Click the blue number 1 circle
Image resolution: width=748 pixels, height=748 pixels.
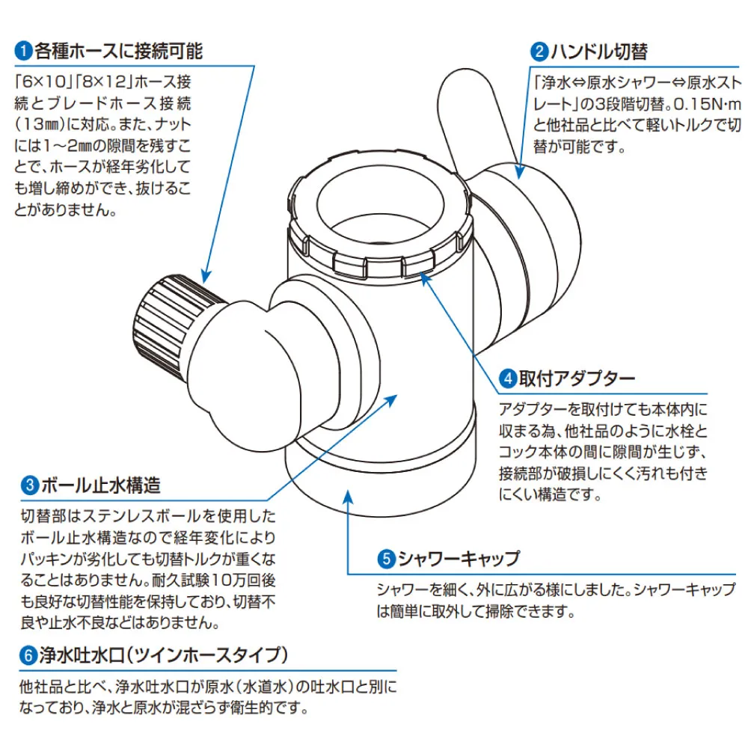pyautogui.click(x=23, y=52)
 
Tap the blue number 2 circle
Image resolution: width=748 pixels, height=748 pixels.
pyautogui.click(x=539, y=52)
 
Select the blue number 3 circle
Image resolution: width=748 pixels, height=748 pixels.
pyautogui.click(x=28, y=486)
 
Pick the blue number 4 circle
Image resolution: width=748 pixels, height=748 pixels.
pyautogui.click(x=508, y=378)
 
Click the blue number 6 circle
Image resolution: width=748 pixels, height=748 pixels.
pyautogui.click(x=28, y=655)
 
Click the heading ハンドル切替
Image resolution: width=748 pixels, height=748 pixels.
pyautogui.click(x=598, y=52)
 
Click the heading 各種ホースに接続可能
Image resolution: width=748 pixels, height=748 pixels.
pyautogui.click(x=118, y=52)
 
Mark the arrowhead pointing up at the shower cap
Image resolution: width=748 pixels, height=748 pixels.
pyautogui.click(x=348, y=493)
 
